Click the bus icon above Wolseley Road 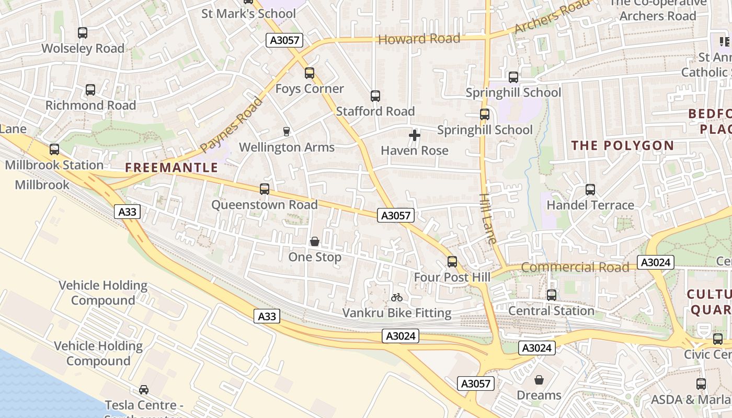click(x=83, y=33)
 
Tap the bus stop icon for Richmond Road click(x=90, y=90)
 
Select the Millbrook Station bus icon click(x=54, y=149)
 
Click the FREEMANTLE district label click(x=171, y=168)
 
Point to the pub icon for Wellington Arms click(x=286, y=131)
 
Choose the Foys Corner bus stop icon click(x=310, y=73)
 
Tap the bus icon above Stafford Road click(x=375, y=96)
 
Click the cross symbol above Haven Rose click(x=415, y=135)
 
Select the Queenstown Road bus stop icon click(x=265, y=189)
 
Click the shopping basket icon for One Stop click(x=315, y=241)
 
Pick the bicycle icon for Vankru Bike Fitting click(x=397, y=297)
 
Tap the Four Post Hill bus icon click(x=452, y=262)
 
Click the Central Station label click(x=551, y=311)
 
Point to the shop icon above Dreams click(x=539, y=380)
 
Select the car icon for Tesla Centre click(x=143, y=390)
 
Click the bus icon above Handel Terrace click(x=590, y=190)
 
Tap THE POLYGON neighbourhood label click(x=622, y=146)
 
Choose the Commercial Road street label click(x=575, y=268)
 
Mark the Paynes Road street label click(x=231, y=125)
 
